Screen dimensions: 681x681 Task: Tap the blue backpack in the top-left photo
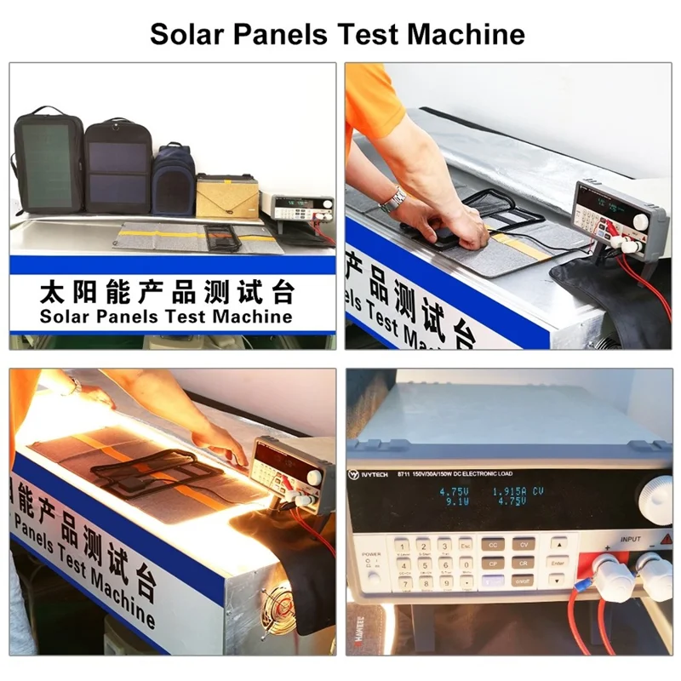(x=173, y=180)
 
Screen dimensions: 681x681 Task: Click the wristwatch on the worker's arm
(x=392, y=199)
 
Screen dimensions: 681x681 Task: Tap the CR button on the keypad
(x=523, y=563)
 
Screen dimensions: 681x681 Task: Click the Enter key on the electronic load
(x=558, y=563)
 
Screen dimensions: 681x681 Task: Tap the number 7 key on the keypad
(x=400, y=583)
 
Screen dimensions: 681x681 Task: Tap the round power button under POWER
(x=369, y=562)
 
